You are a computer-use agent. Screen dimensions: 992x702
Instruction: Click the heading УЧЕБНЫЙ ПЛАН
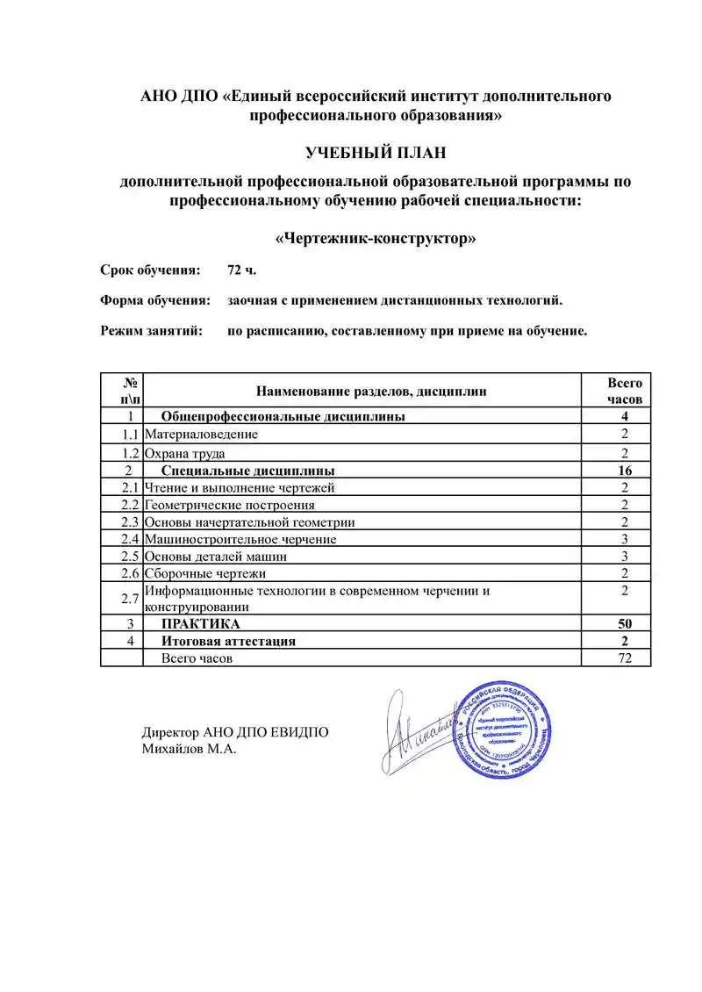pos(376,154)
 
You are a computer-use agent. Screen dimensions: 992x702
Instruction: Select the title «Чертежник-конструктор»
pos(376,239)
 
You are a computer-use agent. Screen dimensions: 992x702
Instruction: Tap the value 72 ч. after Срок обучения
pos(241,270)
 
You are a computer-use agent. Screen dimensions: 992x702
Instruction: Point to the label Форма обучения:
pos(155,301)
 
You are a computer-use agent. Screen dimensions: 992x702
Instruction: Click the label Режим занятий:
pos(151,332)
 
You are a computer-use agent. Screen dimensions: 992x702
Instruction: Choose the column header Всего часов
pos(625,391)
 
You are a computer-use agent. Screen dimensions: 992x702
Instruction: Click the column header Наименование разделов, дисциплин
pos(370,391)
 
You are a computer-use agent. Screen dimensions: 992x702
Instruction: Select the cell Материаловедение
pos(201,434)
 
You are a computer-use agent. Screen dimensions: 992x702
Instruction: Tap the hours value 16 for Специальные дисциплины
pos(625,471)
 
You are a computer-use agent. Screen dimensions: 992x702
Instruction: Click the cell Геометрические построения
pos(229,505)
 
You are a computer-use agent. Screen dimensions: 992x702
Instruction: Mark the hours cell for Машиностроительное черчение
pos(625,539)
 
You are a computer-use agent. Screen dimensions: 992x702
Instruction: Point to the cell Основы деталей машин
pos(216,557)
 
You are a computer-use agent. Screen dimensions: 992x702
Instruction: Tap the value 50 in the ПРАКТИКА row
pos(625,624)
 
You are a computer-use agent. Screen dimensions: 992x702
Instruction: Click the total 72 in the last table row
pos(625,658)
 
